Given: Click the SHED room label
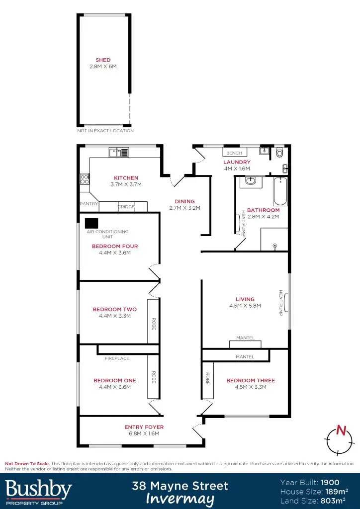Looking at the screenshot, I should click(103, 60).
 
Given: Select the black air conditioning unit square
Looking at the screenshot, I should click(91, 223).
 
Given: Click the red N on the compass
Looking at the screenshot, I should click(341, 430).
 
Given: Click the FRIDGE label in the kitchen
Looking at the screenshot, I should click(126, 207).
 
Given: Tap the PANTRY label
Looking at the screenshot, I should click(88, 204).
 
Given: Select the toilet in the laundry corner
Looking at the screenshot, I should click(280, 152).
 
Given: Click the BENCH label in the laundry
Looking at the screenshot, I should click(234, 153).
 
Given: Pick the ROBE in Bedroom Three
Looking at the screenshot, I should click(206, 380).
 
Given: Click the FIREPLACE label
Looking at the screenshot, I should click(117, 358).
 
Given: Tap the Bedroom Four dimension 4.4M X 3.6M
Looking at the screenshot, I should click(115, 253).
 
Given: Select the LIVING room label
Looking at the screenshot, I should click(245, 299).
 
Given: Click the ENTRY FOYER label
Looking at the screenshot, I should click(144, 427).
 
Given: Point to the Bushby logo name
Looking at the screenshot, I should click(38, 489).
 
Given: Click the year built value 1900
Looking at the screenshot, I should click(330, 482).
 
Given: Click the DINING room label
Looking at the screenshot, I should click(185, 201).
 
